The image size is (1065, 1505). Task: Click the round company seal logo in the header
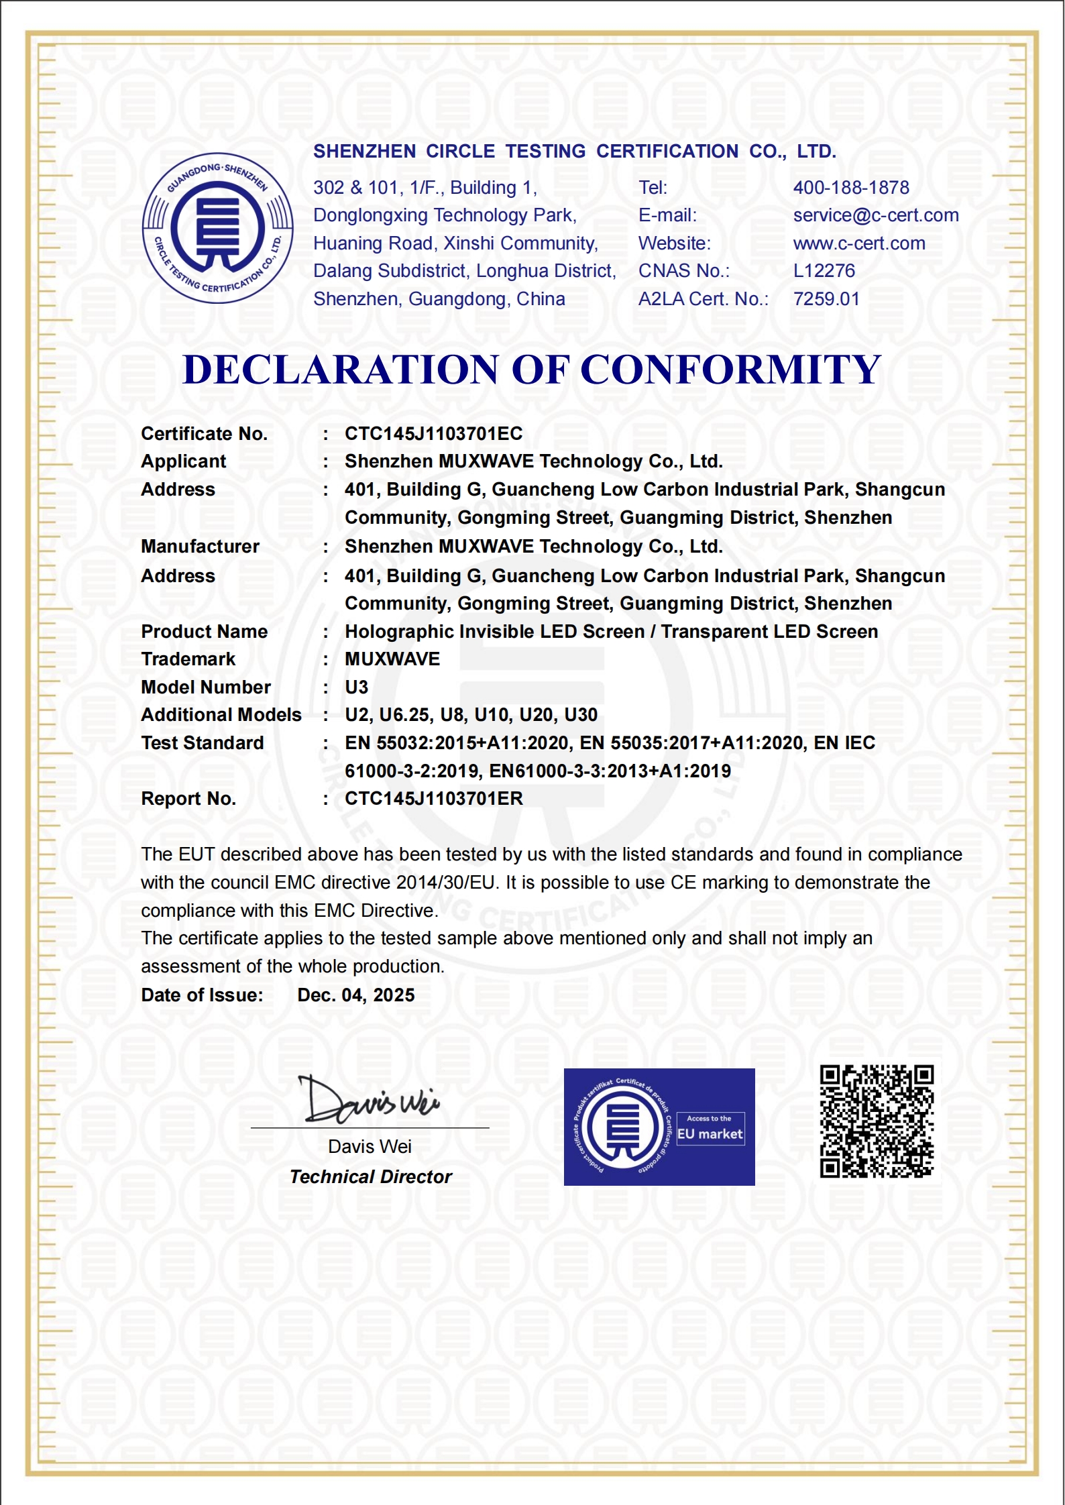click(217, 228)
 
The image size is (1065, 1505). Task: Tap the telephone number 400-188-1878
click(850, 188)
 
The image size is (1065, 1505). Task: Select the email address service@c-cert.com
click(875, 215)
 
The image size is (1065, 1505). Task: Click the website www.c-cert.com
click(858, 243)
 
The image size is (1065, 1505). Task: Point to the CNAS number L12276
click(824, 271)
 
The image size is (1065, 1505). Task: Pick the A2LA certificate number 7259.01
click(826, 299)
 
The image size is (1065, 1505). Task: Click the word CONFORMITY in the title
click(730, 370)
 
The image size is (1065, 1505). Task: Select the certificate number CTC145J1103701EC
click(433, 434)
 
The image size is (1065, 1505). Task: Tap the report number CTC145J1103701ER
click(433, 799)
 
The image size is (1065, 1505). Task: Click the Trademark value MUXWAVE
click(392, 659)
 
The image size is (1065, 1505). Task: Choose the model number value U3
click(356, 687)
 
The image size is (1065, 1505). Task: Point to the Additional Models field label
click(221, 715)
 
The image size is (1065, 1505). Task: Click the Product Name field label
click(204, 632)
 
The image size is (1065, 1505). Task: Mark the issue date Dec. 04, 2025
click(355, 995)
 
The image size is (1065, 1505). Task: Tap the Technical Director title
click(370, 1177)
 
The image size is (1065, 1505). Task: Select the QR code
click(876, 1121)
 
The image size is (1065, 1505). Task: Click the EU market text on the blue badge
click(710, 1134)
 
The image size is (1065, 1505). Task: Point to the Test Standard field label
click(202, 743)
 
